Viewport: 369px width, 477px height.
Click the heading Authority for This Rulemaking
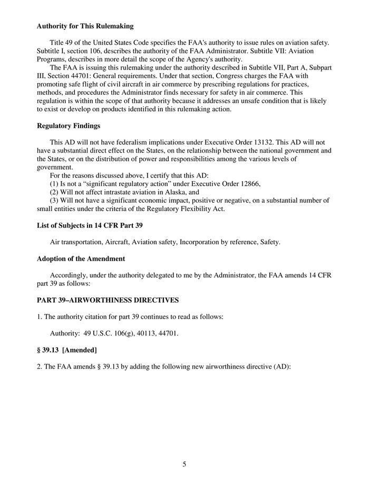[x=85, y=26]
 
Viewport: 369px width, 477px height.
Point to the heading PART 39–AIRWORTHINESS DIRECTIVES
[x=108, y=300]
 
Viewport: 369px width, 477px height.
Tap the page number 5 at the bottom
[x=184, y=464]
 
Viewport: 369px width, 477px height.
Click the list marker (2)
[x=54, y=192]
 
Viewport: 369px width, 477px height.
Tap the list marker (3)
[x=54, y=201]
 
